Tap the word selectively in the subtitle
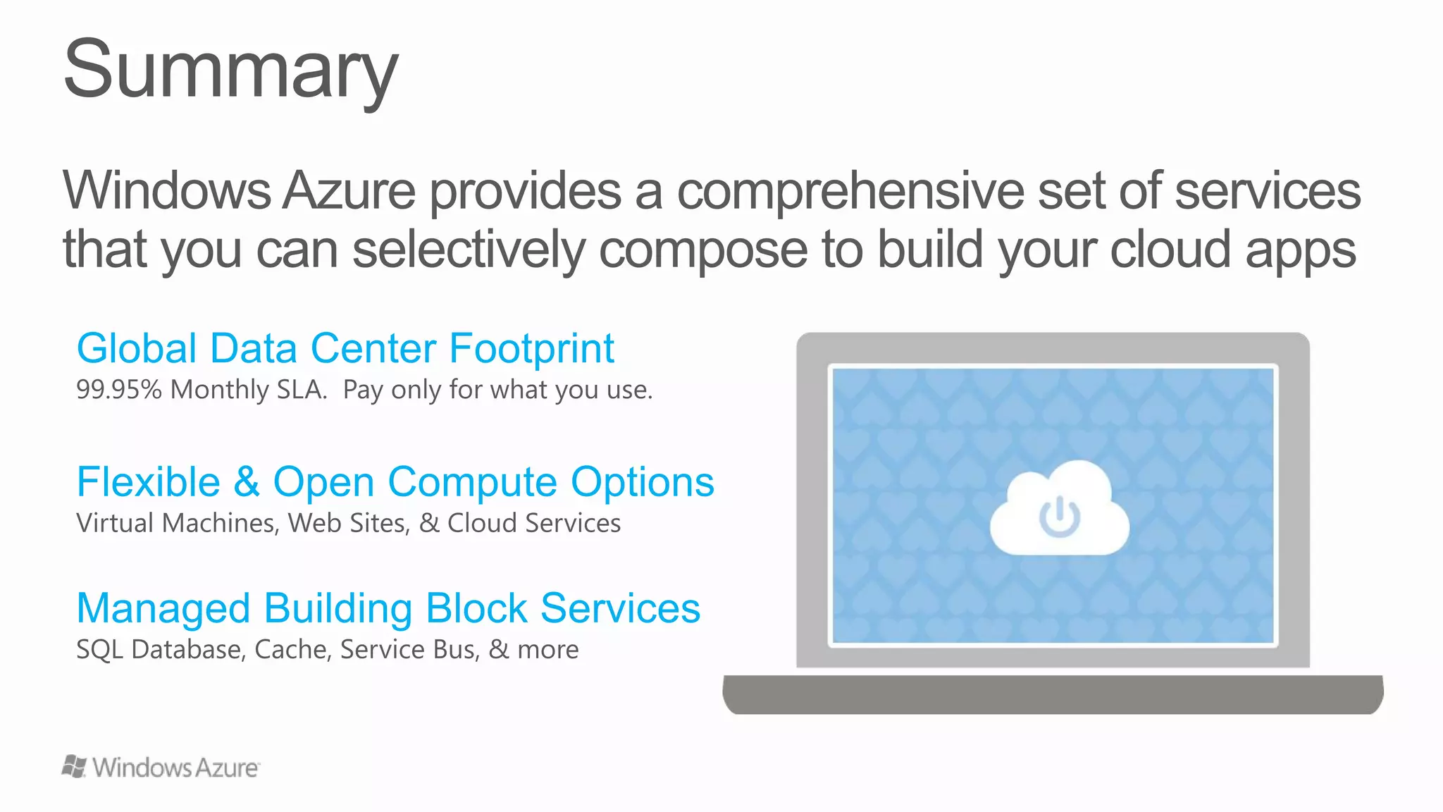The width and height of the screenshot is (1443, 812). [x=469, y=250]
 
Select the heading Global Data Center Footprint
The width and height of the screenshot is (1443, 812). [x=345, y=348]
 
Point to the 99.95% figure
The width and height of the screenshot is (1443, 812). [x=119, y=390]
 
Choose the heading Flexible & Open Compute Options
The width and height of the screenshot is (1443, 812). [x=395, y=482]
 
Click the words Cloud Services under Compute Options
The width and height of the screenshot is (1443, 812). [x=534, y=523]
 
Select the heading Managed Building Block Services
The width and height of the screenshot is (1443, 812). [x=388, y=608]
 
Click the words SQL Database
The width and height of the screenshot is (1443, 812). [x=161, y=649]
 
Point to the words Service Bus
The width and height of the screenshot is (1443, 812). [x=409, y=649]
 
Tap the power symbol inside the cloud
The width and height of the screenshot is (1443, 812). [x=1059, y=517]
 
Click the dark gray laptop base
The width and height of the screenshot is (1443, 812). [x=1053, y=694]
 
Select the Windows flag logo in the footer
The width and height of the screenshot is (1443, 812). [x=74, y=767]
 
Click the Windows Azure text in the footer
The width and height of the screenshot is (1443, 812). [x=175, y=768]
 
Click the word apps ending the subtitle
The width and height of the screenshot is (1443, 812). [x=1300, y=250]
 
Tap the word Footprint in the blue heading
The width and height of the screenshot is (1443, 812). [x=531, y=348]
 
